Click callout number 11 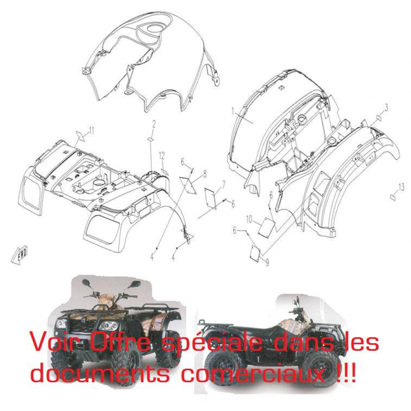91,130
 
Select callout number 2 154,124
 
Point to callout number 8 204,174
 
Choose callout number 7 223,185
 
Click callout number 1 233,112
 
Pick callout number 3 386,108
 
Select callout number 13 401,188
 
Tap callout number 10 249,219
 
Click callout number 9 267,262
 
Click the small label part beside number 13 393,197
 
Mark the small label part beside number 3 379,117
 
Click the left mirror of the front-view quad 86,283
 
